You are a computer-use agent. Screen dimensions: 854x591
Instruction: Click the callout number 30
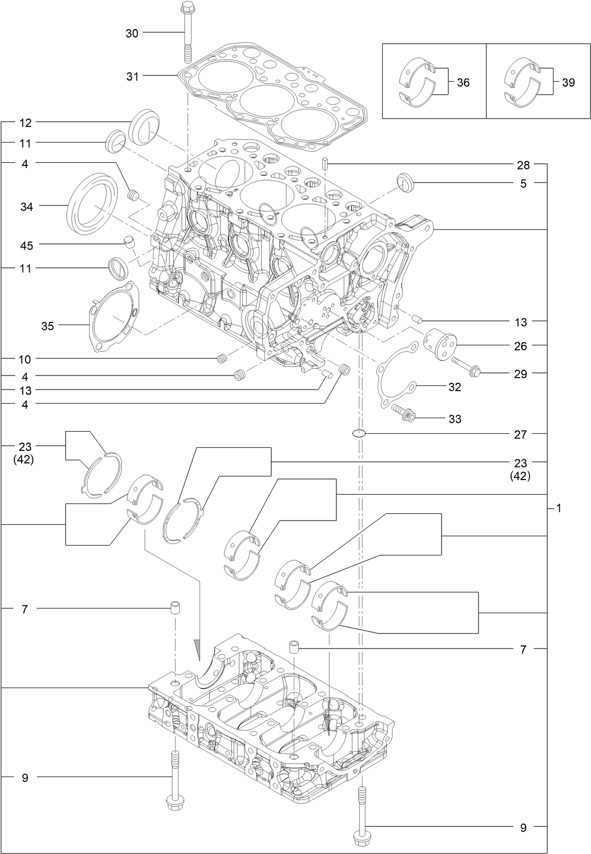pos(132,33)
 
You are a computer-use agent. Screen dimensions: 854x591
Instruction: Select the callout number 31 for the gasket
pos(132,76)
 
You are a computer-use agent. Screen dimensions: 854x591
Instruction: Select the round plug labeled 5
pos(405,183)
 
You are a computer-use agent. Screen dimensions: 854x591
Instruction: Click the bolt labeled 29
pos(466,368)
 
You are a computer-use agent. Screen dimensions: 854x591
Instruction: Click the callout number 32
pos(454,387)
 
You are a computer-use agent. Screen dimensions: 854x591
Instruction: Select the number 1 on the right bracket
pos(559,508)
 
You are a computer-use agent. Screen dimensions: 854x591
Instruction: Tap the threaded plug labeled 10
pos(223,358)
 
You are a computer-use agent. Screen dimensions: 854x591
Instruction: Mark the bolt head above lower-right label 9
pos(360,837)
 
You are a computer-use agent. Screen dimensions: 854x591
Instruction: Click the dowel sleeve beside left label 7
pos(177,606)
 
